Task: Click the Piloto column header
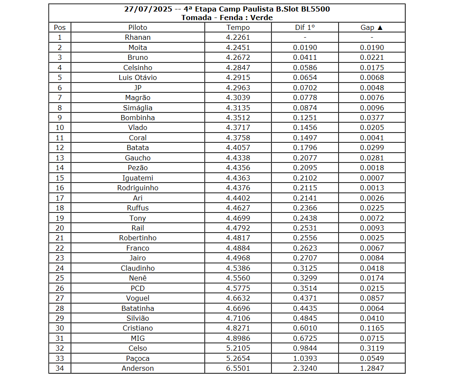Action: pos(138,27)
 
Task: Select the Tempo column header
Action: pos(238,27)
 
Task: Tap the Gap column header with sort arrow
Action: pos(372,27)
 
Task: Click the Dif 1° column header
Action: pos(305,27)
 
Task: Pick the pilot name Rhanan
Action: pos(138,37)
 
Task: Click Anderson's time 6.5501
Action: pos(238,368)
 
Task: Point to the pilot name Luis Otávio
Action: pos(138,77)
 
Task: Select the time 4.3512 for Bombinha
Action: pos(238,118)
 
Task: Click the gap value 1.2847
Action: pos(372,368)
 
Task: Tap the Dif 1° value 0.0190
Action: pos(305,47)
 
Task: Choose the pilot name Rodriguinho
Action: pos(138,188)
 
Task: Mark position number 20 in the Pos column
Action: pos(60,228)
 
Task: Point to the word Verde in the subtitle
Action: pos(261,18)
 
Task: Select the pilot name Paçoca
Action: pos(138,358)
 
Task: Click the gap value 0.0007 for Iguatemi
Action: pos(372,178)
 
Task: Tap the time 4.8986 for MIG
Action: pos(238,338)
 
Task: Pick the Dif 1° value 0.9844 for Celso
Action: pos(305,348)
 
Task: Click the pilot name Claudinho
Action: pos(138,268)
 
